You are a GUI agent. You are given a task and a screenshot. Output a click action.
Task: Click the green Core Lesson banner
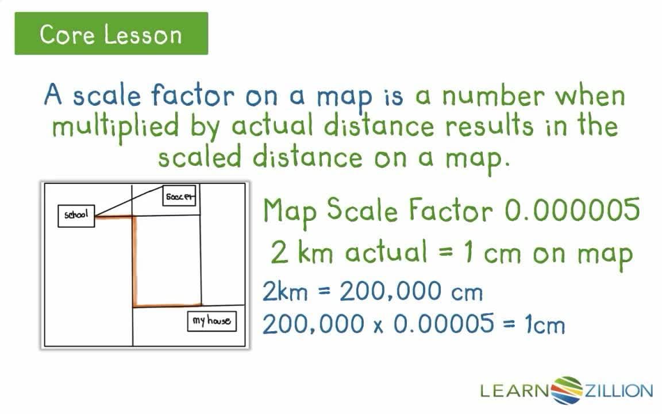pos(111,34)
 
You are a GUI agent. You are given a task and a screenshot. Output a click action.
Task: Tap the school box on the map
pos(76,215)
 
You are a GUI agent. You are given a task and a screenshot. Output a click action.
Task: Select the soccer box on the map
pos(180,197)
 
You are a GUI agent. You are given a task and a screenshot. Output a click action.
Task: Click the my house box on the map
pos(212,321)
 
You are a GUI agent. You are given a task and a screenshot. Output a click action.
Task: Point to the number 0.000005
pos(572,210)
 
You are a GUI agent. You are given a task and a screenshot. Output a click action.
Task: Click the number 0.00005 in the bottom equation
pos(443,324)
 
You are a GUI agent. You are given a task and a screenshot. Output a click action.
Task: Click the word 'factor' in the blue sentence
pos(194,95)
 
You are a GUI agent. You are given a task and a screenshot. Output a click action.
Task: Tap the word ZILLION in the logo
pos(618,392)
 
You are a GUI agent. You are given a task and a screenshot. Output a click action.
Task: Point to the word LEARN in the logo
pos(515,392)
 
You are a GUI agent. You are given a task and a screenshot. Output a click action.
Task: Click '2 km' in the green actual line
pos(298,253)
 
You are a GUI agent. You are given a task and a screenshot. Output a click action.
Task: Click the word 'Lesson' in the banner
pos(143,34)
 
